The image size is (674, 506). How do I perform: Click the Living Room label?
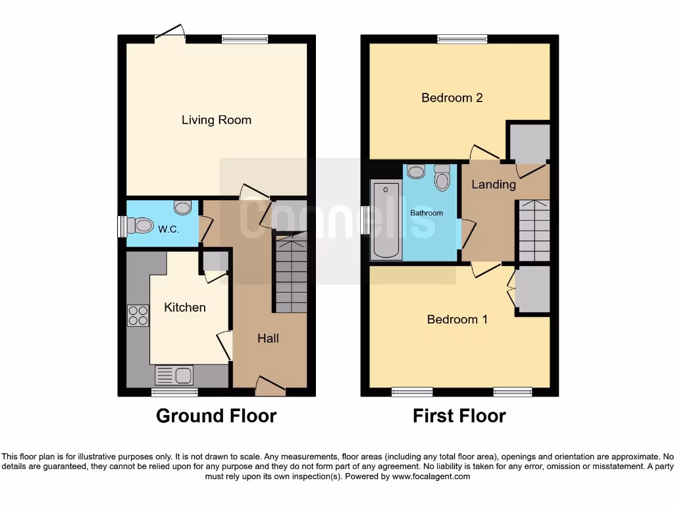[216, 120]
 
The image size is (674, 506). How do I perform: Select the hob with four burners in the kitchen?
[138, 316]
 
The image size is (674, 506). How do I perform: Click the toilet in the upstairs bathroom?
[442, 177]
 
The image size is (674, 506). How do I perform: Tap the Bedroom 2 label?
[452, 98]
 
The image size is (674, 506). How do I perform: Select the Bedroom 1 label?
[457, 320]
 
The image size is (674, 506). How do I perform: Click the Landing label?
[493, 184]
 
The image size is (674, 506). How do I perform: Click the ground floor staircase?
[290, 275]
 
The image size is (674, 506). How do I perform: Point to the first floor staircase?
[534, 231]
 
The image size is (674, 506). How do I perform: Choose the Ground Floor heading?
[216, 416]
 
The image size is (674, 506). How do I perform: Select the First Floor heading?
[459, 416]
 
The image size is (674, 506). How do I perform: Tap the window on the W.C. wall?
[121, 227]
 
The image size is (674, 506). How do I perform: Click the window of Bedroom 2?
[463, 40]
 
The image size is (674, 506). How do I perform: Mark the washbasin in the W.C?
[182, 208]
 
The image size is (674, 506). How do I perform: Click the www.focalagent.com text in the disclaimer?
[430, 476]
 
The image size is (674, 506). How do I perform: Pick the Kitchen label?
[185, 308]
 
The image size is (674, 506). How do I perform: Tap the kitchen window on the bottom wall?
[174, 393]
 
